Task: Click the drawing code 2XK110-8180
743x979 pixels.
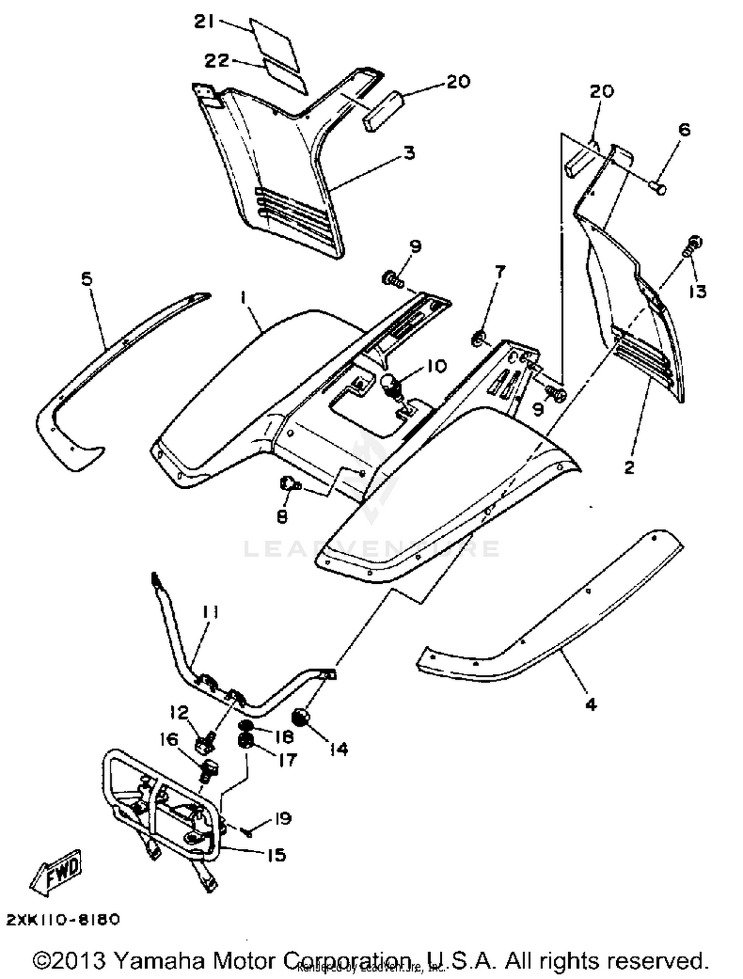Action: [x=63, y=920]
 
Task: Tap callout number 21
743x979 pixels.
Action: [x=204, y=22]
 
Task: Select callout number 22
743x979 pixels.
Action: [x=217, y=60]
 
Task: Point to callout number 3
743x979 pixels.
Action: [x=409, y=153]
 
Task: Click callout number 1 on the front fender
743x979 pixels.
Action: [x=243, y=298]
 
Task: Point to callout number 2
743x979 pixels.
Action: [x=629, y=466]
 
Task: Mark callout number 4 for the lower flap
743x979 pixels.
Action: [x=591, y=704]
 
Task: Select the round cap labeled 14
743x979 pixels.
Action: [x=301, y=717]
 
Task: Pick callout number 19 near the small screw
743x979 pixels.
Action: [x=282, y=819]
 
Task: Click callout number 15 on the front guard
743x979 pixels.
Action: [x=276, y=855]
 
